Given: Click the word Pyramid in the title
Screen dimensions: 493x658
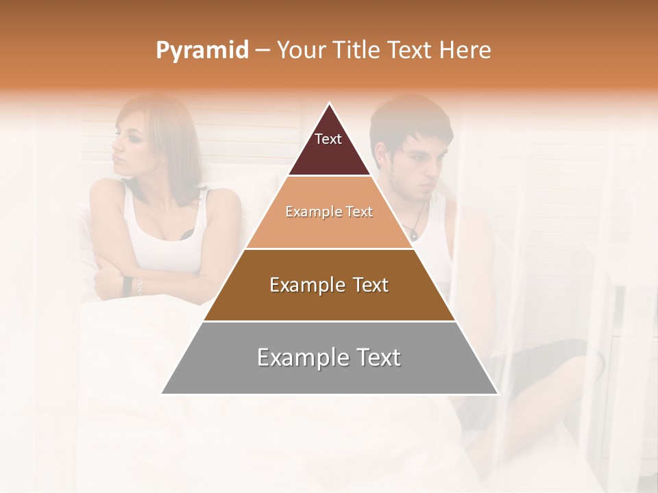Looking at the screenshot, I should click(x=202, y=51).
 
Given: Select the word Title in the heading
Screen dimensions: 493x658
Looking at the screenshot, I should click(x=357, y=51).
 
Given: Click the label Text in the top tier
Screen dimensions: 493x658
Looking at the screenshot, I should click(x=328, y=139).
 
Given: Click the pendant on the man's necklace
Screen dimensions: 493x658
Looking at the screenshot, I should click(x=413, y=234).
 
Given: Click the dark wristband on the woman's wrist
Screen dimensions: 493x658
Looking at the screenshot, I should click(x=127, y=286).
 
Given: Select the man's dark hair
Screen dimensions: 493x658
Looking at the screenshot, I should click(x=408, y=120).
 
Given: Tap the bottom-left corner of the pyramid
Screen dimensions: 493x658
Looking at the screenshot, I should click(x=162, y=394).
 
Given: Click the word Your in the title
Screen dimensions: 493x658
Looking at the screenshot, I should click(x=300, y=51).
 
